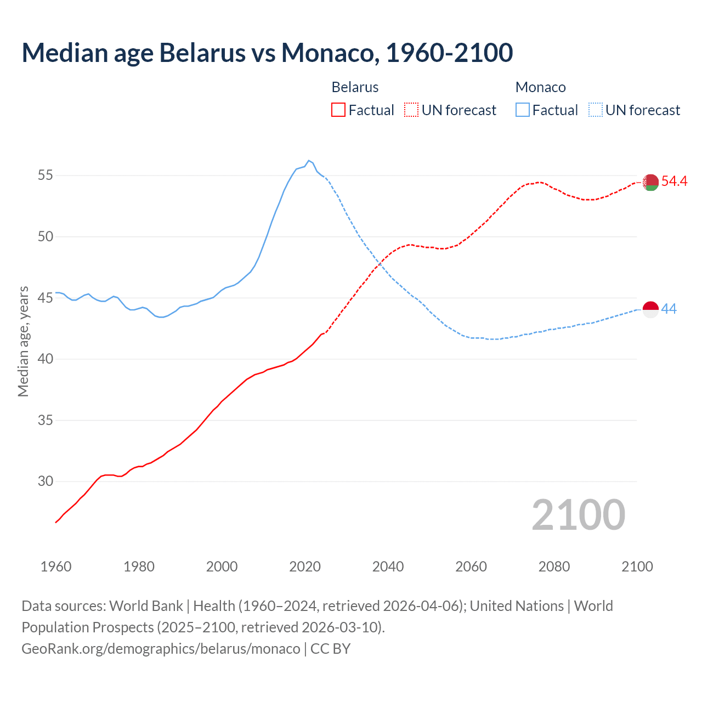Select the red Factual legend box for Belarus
pyautogui.click(x=338, y=110)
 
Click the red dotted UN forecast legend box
pyautogui.click(x=411, y=110)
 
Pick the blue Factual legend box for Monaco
pyautogui.click(x=523, y=110)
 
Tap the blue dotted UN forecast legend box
pyautogui.click(x=595, y=110)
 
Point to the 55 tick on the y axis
pyautogui.click(x=46, y=175)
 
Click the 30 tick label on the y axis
pyautogui.click(x=46, y=481)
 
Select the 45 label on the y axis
pyautogui.click(x=46, y=298)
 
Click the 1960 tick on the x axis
pyautogui.click(x=56, y=566)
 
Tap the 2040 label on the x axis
pyautogui.click(x=388, y=566)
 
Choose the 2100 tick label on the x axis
pyautogui.click(x=637, y=566)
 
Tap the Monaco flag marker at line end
pyautogui.click(x=650, y=309)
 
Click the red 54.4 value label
pyautogui.click(x=674, y=181)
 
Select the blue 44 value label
pyautogui.click(x=669, y=309)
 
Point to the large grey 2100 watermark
pyautogui.click(x=578, y=514)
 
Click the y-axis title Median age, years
pyautogui.click(x=23, y=341)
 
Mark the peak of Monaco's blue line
pyautogui.click(x=309, y=161)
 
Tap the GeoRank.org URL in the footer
pyautogui.click(x=161, y=648)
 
